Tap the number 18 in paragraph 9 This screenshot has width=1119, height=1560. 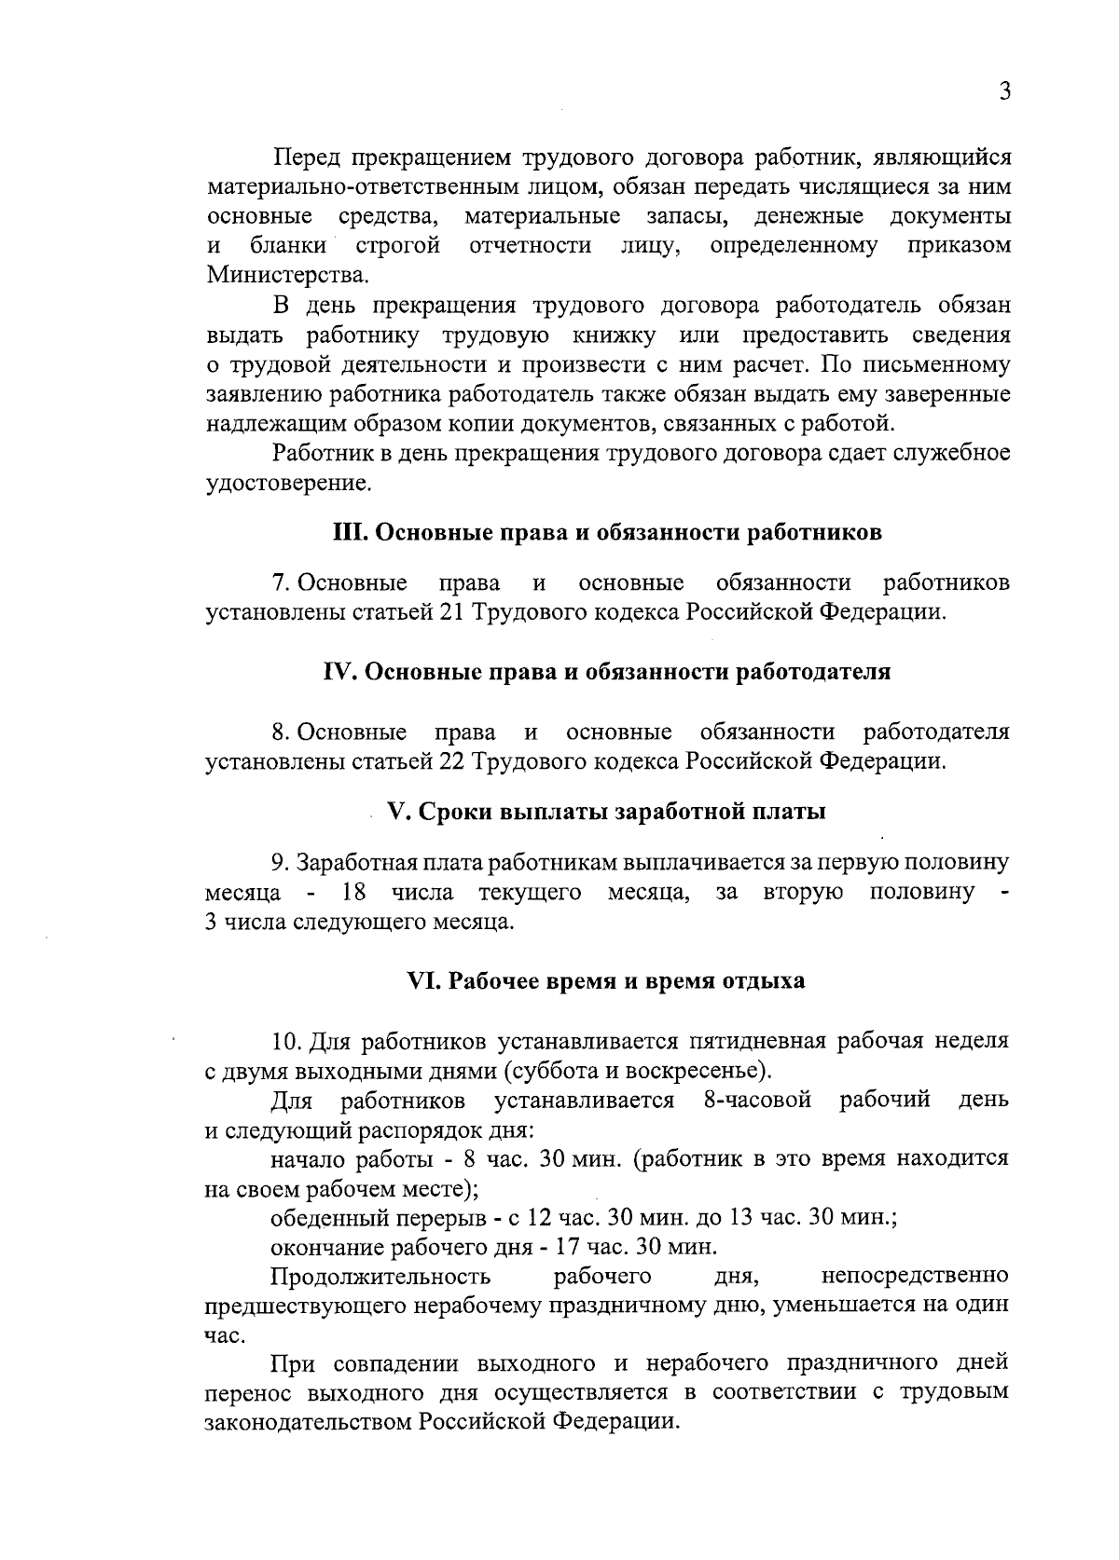[x=354, y=893]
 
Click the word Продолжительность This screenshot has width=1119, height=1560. [x=380, y=1276]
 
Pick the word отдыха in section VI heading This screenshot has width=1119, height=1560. [x=764, y=981]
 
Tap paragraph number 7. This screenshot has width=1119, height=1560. [x=279, y=583]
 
